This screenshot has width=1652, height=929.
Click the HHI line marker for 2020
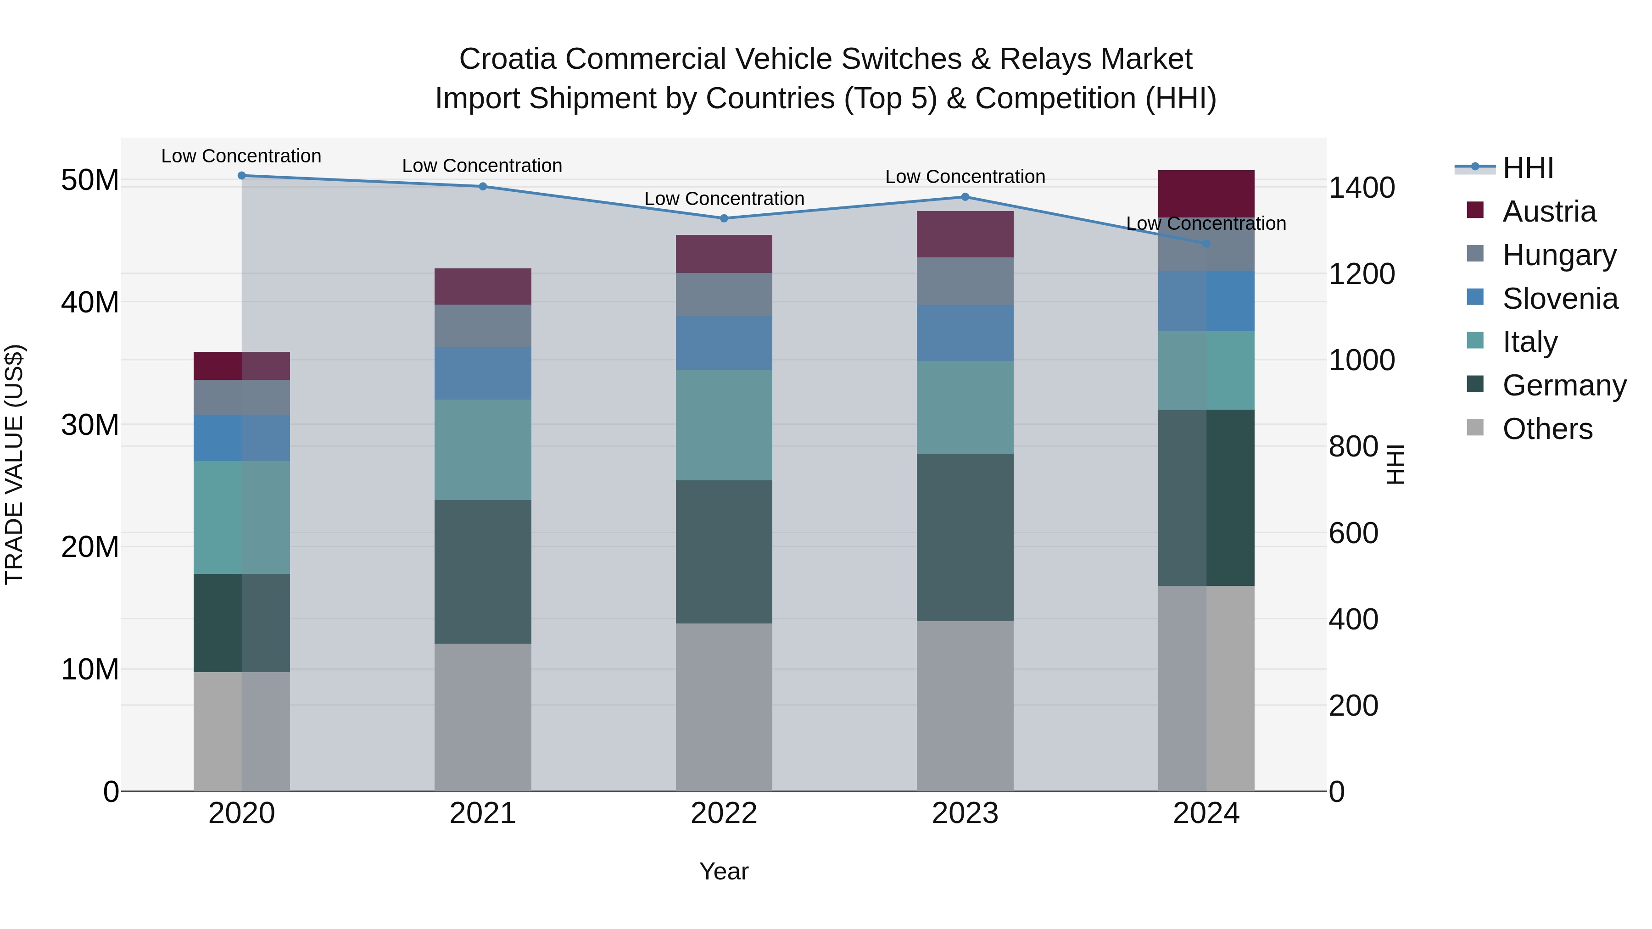point(242,176)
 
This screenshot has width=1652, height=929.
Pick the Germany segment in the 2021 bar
point(482,572)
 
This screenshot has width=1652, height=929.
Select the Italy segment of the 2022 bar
point(724,425)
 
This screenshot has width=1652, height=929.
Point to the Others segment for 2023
point(965,705)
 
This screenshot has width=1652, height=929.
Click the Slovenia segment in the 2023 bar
point(965,333)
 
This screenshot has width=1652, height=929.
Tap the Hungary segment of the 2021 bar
point(482,326)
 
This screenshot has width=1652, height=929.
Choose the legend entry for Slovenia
point(1560,299)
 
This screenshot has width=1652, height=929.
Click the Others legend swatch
point(1475,428)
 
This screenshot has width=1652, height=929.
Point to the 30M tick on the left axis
point(90,425)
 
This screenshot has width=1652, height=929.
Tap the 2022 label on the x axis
point(724,813)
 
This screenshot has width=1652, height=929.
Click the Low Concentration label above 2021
point(482,166)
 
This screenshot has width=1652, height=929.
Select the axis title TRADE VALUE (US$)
point(14,464)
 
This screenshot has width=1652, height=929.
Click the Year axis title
point(724,871)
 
